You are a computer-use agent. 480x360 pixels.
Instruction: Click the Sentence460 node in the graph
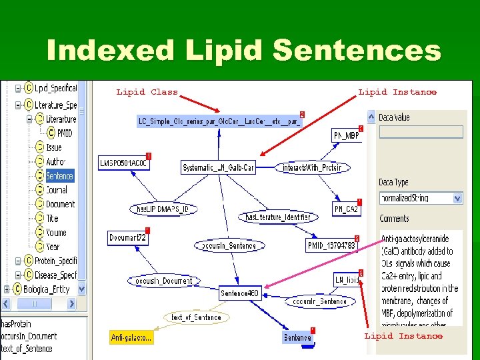click(239, 293)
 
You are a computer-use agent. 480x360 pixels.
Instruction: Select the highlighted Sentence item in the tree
click(59, 176)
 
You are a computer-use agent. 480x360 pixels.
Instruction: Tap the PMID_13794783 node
click(331, 246)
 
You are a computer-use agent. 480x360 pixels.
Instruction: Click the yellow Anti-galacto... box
click(131, 338)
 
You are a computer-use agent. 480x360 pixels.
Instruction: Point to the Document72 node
click(127, 238)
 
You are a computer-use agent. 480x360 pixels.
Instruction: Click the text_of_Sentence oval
click(196, 317)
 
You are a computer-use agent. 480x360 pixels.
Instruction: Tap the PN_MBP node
click(346, 136)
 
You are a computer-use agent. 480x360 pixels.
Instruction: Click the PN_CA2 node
click(346, 209)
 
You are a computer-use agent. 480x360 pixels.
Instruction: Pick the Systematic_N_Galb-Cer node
click(219, 168)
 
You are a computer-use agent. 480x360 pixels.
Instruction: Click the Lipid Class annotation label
click(147, 92)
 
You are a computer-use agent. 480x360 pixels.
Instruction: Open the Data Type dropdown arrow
click(457, 198)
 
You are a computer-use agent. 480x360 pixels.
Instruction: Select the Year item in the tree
click(53, 247)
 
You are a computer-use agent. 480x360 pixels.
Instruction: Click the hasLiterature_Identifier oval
click(278, 217)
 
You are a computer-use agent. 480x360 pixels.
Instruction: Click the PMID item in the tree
click(64, 133)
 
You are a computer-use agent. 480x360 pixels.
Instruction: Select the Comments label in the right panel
click(394, 219)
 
